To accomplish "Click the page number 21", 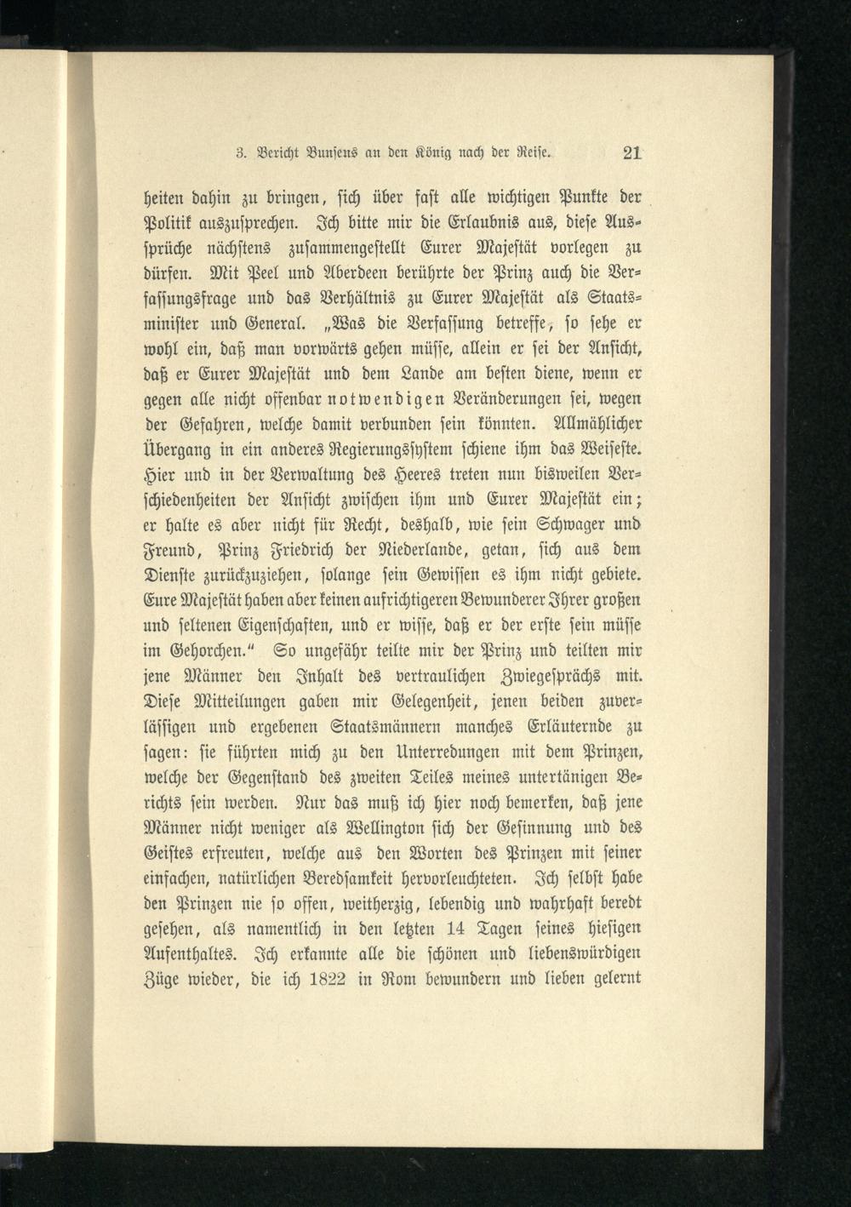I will click(x=631, y=154).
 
